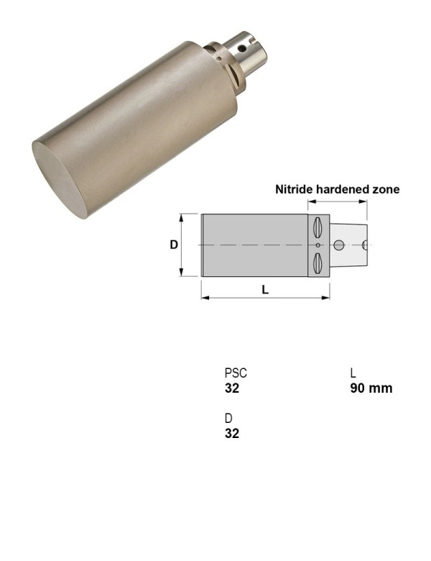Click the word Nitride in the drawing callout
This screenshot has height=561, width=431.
[293, 190]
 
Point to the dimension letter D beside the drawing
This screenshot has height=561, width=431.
[174, 245]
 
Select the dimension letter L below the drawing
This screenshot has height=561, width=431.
[265, 290]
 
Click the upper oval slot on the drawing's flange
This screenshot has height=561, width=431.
[316, 227]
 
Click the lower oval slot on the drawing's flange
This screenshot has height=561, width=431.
[316, 263]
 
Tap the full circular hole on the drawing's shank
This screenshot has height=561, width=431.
[339, 245]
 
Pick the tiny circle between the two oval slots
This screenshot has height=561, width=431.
[317, 245]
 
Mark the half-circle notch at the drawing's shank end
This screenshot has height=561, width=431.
[366, 245]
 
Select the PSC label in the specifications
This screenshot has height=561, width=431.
[236, 373]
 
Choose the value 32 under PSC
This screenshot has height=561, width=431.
[231, 388]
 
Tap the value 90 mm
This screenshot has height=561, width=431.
[371, 388]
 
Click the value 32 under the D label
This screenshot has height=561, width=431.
[231, 433]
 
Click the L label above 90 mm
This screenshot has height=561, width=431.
[353, 373]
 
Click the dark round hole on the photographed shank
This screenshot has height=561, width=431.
[242, 49]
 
